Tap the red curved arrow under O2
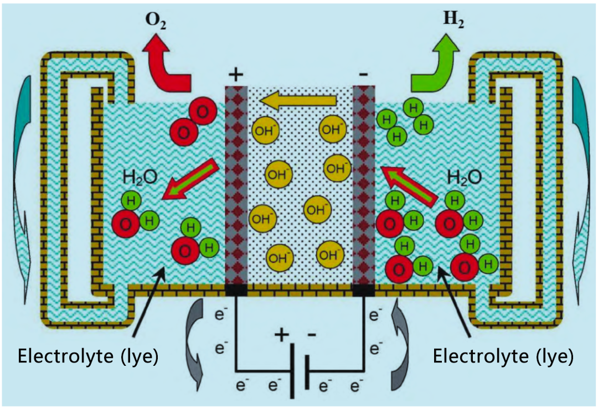point(166,66)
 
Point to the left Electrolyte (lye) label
point(89,356)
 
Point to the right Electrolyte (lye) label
point(503,356)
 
